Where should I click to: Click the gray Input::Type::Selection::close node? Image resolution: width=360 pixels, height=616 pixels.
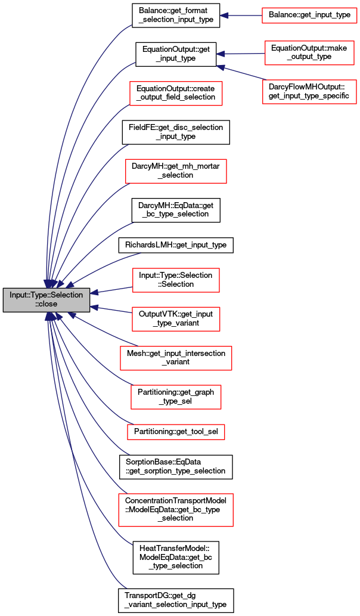click(x=46, y=300)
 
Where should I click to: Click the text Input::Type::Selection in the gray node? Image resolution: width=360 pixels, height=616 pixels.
click(x=46, y=295)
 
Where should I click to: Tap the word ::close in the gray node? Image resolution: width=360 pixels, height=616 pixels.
click(x=46, y=304)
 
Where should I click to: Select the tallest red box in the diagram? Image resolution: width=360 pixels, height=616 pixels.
click(x=175, y=510)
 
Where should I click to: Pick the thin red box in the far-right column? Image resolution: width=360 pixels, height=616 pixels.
click(x=309, y=16)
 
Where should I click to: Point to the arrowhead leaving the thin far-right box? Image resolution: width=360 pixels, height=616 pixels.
click(x=224, y=16)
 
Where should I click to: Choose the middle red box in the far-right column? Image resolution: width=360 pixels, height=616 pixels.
click(x=309, y=53)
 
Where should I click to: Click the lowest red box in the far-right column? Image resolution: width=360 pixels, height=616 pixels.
click(x=309, y=91)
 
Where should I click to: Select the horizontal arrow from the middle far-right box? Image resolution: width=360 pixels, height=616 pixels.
click(x=241, y=54)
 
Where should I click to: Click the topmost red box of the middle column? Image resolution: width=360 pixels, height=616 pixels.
click(x=176, y=94)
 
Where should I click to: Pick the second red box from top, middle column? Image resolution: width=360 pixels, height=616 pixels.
click(x=176, y=171)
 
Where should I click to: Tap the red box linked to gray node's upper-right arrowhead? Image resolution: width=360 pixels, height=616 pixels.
click(x=176, y=280)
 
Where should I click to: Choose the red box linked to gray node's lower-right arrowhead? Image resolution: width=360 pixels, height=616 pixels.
click(x=176, y=319)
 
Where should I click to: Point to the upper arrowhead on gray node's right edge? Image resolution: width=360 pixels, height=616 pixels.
click(x=94, y=292)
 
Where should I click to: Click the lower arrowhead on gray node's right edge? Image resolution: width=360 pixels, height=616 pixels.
click(x=94, y=308)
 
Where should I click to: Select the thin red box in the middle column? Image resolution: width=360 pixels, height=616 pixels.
click(x=176, y=432)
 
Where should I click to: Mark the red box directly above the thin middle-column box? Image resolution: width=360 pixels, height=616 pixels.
click(x=176, y=397)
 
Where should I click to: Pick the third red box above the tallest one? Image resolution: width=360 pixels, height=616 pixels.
click(x=176, y=358)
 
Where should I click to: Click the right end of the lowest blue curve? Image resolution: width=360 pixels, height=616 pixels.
click(x=126, y=589)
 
